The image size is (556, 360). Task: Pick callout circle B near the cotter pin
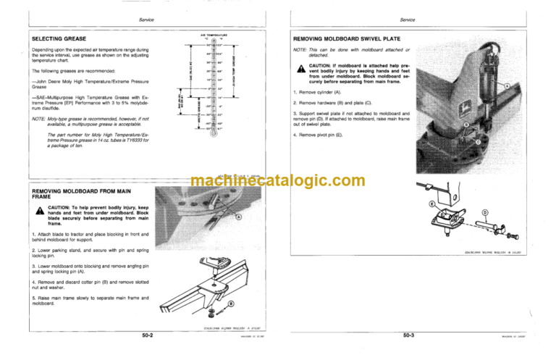pyautogui.click(x=230, y=303)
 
